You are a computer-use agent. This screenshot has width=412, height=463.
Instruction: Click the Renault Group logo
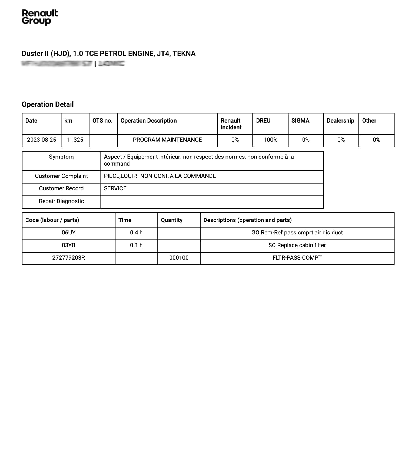pos(40,17)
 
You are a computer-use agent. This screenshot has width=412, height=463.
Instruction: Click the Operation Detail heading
pos(48,104)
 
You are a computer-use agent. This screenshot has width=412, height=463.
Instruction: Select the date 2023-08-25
pos(42,140)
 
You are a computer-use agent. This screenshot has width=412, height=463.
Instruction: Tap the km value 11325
pos(75,140)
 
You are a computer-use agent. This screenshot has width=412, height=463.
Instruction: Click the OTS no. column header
pos(102,121)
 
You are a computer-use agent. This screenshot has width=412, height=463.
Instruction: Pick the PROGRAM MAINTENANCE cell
pos(167,140)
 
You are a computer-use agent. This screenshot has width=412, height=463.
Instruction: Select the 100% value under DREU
pos(270,140)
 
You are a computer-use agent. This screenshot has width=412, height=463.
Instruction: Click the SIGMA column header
pos(300,121)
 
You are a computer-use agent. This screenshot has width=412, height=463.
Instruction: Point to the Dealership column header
pos(340,121)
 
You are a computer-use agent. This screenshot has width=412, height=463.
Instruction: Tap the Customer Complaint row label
pos(61,176)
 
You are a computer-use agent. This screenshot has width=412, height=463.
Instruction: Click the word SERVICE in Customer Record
pos(115,188)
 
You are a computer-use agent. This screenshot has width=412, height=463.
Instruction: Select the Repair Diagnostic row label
pos(61,201)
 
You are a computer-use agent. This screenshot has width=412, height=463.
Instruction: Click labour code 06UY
pos(69,233)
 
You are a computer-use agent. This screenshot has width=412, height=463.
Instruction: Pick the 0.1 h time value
pos(136,245)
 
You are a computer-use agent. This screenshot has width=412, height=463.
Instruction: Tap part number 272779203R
pos(69,258)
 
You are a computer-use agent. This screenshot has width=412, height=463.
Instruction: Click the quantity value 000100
pos(179,258)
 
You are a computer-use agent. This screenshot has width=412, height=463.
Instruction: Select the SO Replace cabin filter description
pos(297,245)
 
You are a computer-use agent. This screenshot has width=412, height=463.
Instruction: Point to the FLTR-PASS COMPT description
pos(297,258)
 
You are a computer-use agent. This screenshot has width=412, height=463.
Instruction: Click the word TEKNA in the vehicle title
pos(184,54)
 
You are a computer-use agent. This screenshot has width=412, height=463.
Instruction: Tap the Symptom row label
pos(61,157)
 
